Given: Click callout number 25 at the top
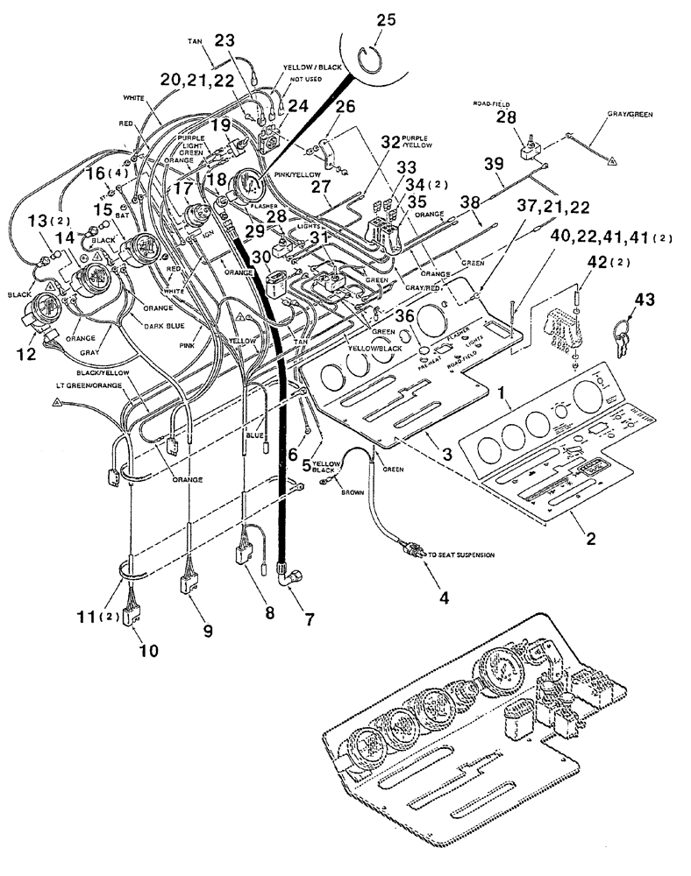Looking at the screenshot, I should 382,18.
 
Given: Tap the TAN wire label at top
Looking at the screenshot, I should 195,41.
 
